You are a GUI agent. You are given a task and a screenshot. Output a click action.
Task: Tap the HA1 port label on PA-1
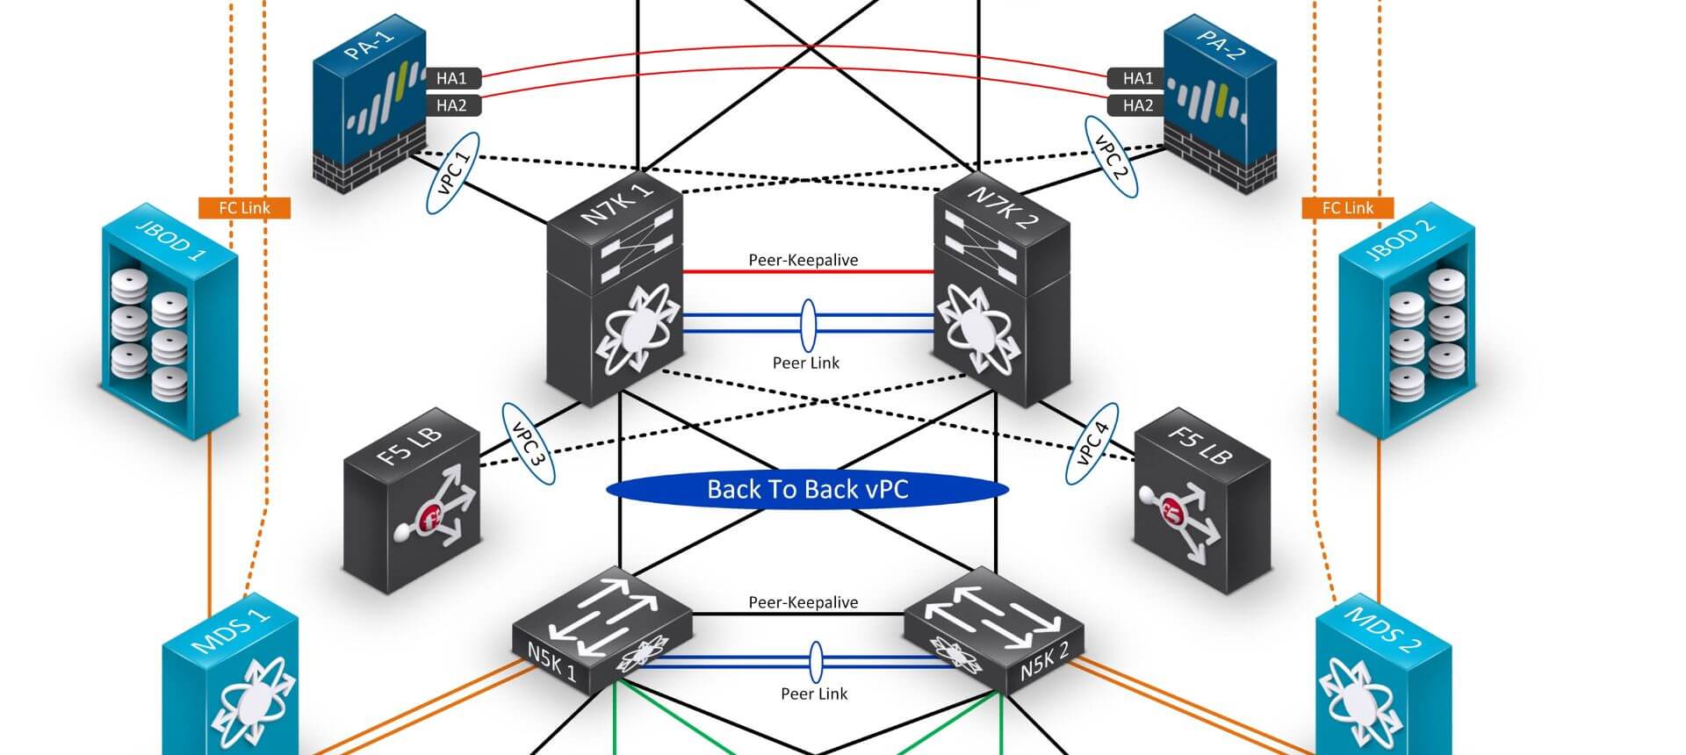[451, 78]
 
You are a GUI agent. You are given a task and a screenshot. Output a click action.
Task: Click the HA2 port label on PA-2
[1138, 105]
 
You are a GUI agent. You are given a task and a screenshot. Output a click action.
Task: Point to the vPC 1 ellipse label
[453, 173]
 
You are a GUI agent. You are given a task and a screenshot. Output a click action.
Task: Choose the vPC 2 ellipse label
[1111, 156]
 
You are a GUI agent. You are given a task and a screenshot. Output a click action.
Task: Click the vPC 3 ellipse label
[529, 444]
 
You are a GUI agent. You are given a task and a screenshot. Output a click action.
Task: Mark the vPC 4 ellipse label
[1092, 444]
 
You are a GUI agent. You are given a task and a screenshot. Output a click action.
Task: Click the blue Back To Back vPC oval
[807, 490]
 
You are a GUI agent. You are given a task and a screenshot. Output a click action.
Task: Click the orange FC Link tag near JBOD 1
[244, 208]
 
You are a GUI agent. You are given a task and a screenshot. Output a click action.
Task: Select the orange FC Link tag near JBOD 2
[1348, 208]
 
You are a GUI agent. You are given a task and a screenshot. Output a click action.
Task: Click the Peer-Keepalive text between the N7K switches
[803, 260]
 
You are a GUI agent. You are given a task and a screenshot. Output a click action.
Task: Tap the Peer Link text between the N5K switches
[814, 694]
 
